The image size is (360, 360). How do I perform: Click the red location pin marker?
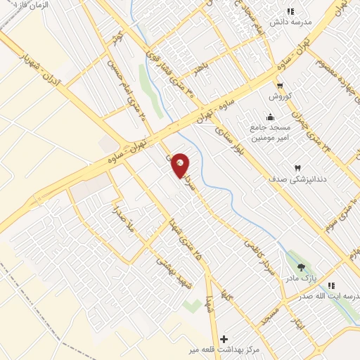pyautogui.click(x=180, y=165)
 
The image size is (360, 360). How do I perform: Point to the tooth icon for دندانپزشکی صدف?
pyautogui.click(x=297, y=168)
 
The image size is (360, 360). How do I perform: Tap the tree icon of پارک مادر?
pyautogui.click(x=302, y=267)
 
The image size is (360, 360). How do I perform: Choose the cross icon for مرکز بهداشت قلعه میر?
pyautogui.click(x=224, y=339)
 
